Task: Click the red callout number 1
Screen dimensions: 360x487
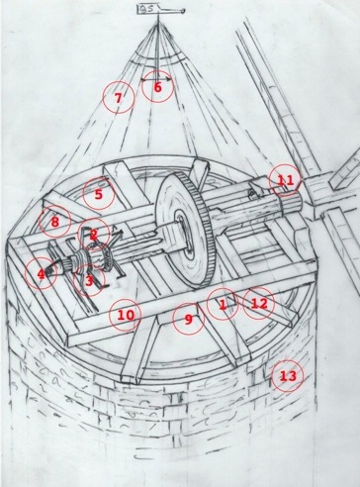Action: tap(223, 305)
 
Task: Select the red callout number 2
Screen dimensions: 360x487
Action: tap(94, 235)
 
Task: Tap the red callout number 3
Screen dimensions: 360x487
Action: tap(89, 281)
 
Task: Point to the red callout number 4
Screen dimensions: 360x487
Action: tap(41, 274)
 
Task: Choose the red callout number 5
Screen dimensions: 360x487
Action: tap(98, 194)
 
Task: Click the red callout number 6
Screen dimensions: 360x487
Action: tap(157, 88)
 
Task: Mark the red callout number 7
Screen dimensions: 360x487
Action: tap(118, 98)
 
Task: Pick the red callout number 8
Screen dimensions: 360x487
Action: tap(54, 222)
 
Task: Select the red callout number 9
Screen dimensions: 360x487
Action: tap(188, 319)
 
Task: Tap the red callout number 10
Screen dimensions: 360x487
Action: tap(126, 315)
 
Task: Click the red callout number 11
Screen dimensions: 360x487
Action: tap(285, 180)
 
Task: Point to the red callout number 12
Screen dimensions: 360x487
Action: tap(259, 304)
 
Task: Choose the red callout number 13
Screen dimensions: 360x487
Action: tap(288, 376)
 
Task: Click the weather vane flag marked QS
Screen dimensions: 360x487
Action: tap(145, 10)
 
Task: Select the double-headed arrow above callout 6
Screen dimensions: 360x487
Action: tap(156, 79)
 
